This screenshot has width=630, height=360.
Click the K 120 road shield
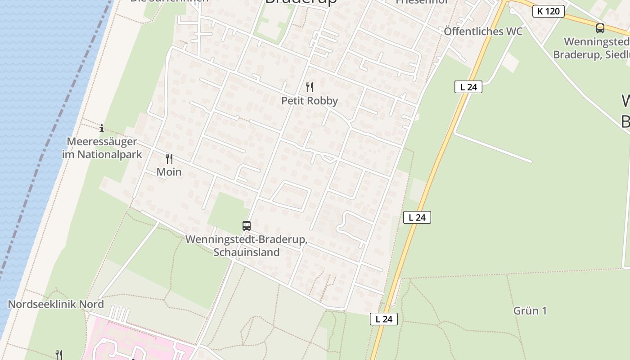(549, 11)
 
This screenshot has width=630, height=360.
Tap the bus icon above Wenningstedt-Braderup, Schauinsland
(247, 226)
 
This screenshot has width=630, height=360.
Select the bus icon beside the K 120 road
(600, 28)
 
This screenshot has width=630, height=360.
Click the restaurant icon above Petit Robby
(310, 87)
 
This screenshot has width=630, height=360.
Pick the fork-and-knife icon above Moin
(169, 159)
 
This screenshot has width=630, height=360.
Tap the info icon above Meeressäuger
(102, 128)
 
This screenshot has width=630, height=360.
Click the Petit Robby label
(310, 101)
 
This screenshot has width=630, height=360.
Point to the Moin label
(169, 172)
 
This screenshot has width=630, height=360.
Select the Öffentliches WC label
(483, 31)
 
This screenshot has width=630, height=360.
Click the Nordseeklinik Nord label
(56, 304)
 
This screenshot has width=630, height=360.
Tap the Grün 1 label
(530, 310)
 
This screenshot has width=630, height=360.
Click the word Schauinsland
(247, 252)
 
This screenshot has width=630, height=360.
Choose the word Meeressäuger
(102, 142)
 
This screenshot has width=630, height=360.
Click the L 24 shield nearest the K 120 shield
(468, 87)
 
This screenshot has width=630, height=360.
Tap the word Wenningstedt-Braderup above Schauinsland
(247, 239)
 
